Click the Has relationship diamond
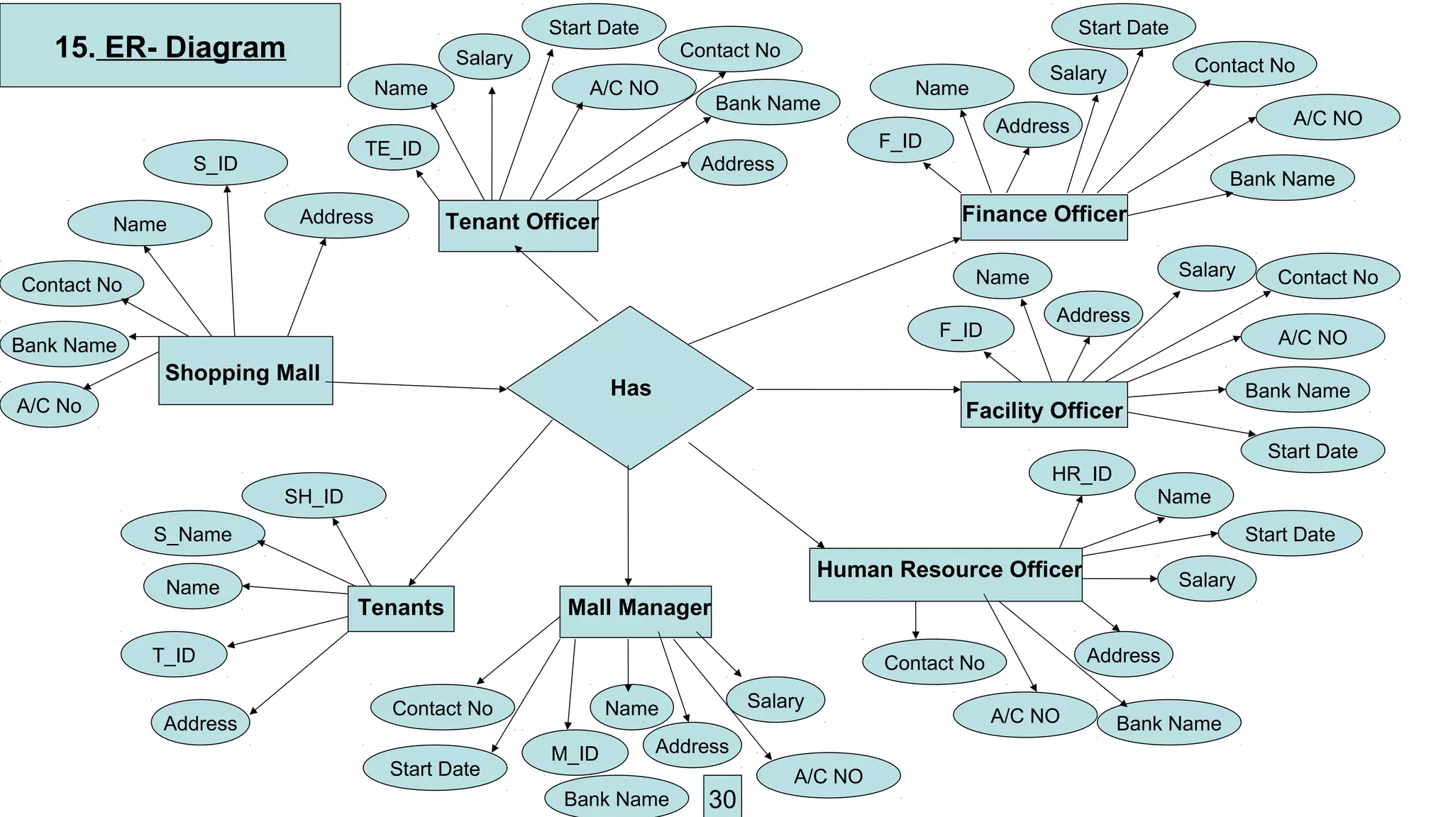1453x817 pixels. click(630, 388)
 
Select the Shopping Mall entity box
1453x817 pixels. click(245, 371)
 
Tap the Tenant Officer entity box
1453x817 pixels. click(519, 226)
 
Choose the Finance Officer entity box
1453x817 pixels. click(1044, 216)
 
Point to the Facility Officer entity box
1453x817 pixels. click(1044, 406)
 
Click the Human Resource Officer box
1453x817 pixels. click(946, 574)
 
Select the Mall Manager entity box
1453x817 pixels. click(636, 611)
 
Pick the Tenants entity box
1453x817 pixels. click(401, 608)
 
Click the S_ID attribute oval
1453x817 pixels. click(216, 163)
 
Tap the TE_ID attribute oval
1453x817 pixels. click(394, 148)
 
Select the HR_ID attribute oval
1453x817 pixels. click(1082, 473)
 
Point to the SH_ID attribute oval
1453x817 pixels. click(314, 496)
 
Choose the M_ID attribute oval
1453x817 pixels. click(575, 752)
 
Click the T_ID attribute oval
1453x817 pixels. click(174, 655)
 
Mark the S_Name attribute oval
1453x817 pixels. click(193, 533)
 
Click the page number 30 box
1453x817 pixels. click(722, 797)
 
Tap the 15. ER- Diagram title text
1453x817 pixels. click(170, 48)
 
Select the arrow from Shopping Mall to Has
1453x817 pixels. click(419, 386)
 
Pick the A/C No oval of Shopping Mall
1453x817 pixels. click(49, 406)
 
